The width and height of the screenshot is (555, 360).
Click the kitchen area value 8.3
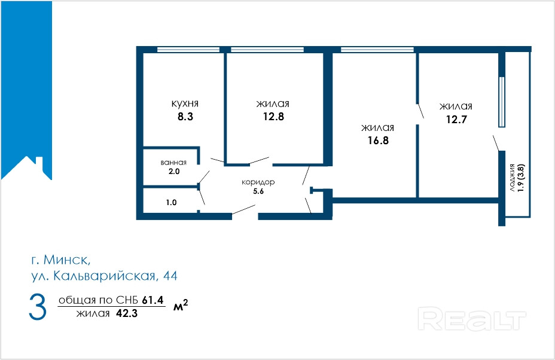point(185,117)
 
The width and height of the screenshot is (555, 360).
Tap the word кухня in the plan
point(185,103)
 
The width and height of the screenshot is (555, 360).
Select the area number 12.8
point(273,117)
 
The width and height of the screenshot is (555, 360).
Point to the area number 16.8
point(378,141)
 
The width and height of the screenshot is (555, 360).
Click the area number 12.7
point(456,119)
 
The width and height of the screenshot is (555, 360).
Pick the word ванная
point(173,163)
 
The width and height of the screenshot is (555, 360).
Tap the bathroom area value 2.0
point(174,171)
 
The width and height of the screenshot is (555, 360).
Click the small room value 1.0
point(171,203)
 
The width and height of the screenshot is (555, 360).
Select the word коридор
point(258,182)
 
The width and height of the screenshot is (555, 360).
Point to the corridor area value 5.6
point(258,191)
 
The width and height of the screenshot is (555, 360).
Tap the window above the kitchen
point(188,50)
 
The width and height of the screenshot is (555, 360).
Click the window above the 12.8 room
point(267,50)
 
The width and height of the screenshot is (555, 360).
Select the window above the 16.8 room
point(377,50)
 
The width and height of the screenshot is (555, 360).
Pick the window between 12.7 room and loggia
point(502,102)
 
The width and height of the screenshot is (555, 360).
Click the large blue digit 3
point(38,307)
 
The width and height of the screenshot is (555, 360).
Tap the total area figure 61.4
point(153,300)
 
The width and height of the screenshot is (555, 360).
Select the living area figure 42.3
point(127,313)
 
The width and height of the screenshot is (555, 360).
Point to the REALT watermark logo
point(472,319)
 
